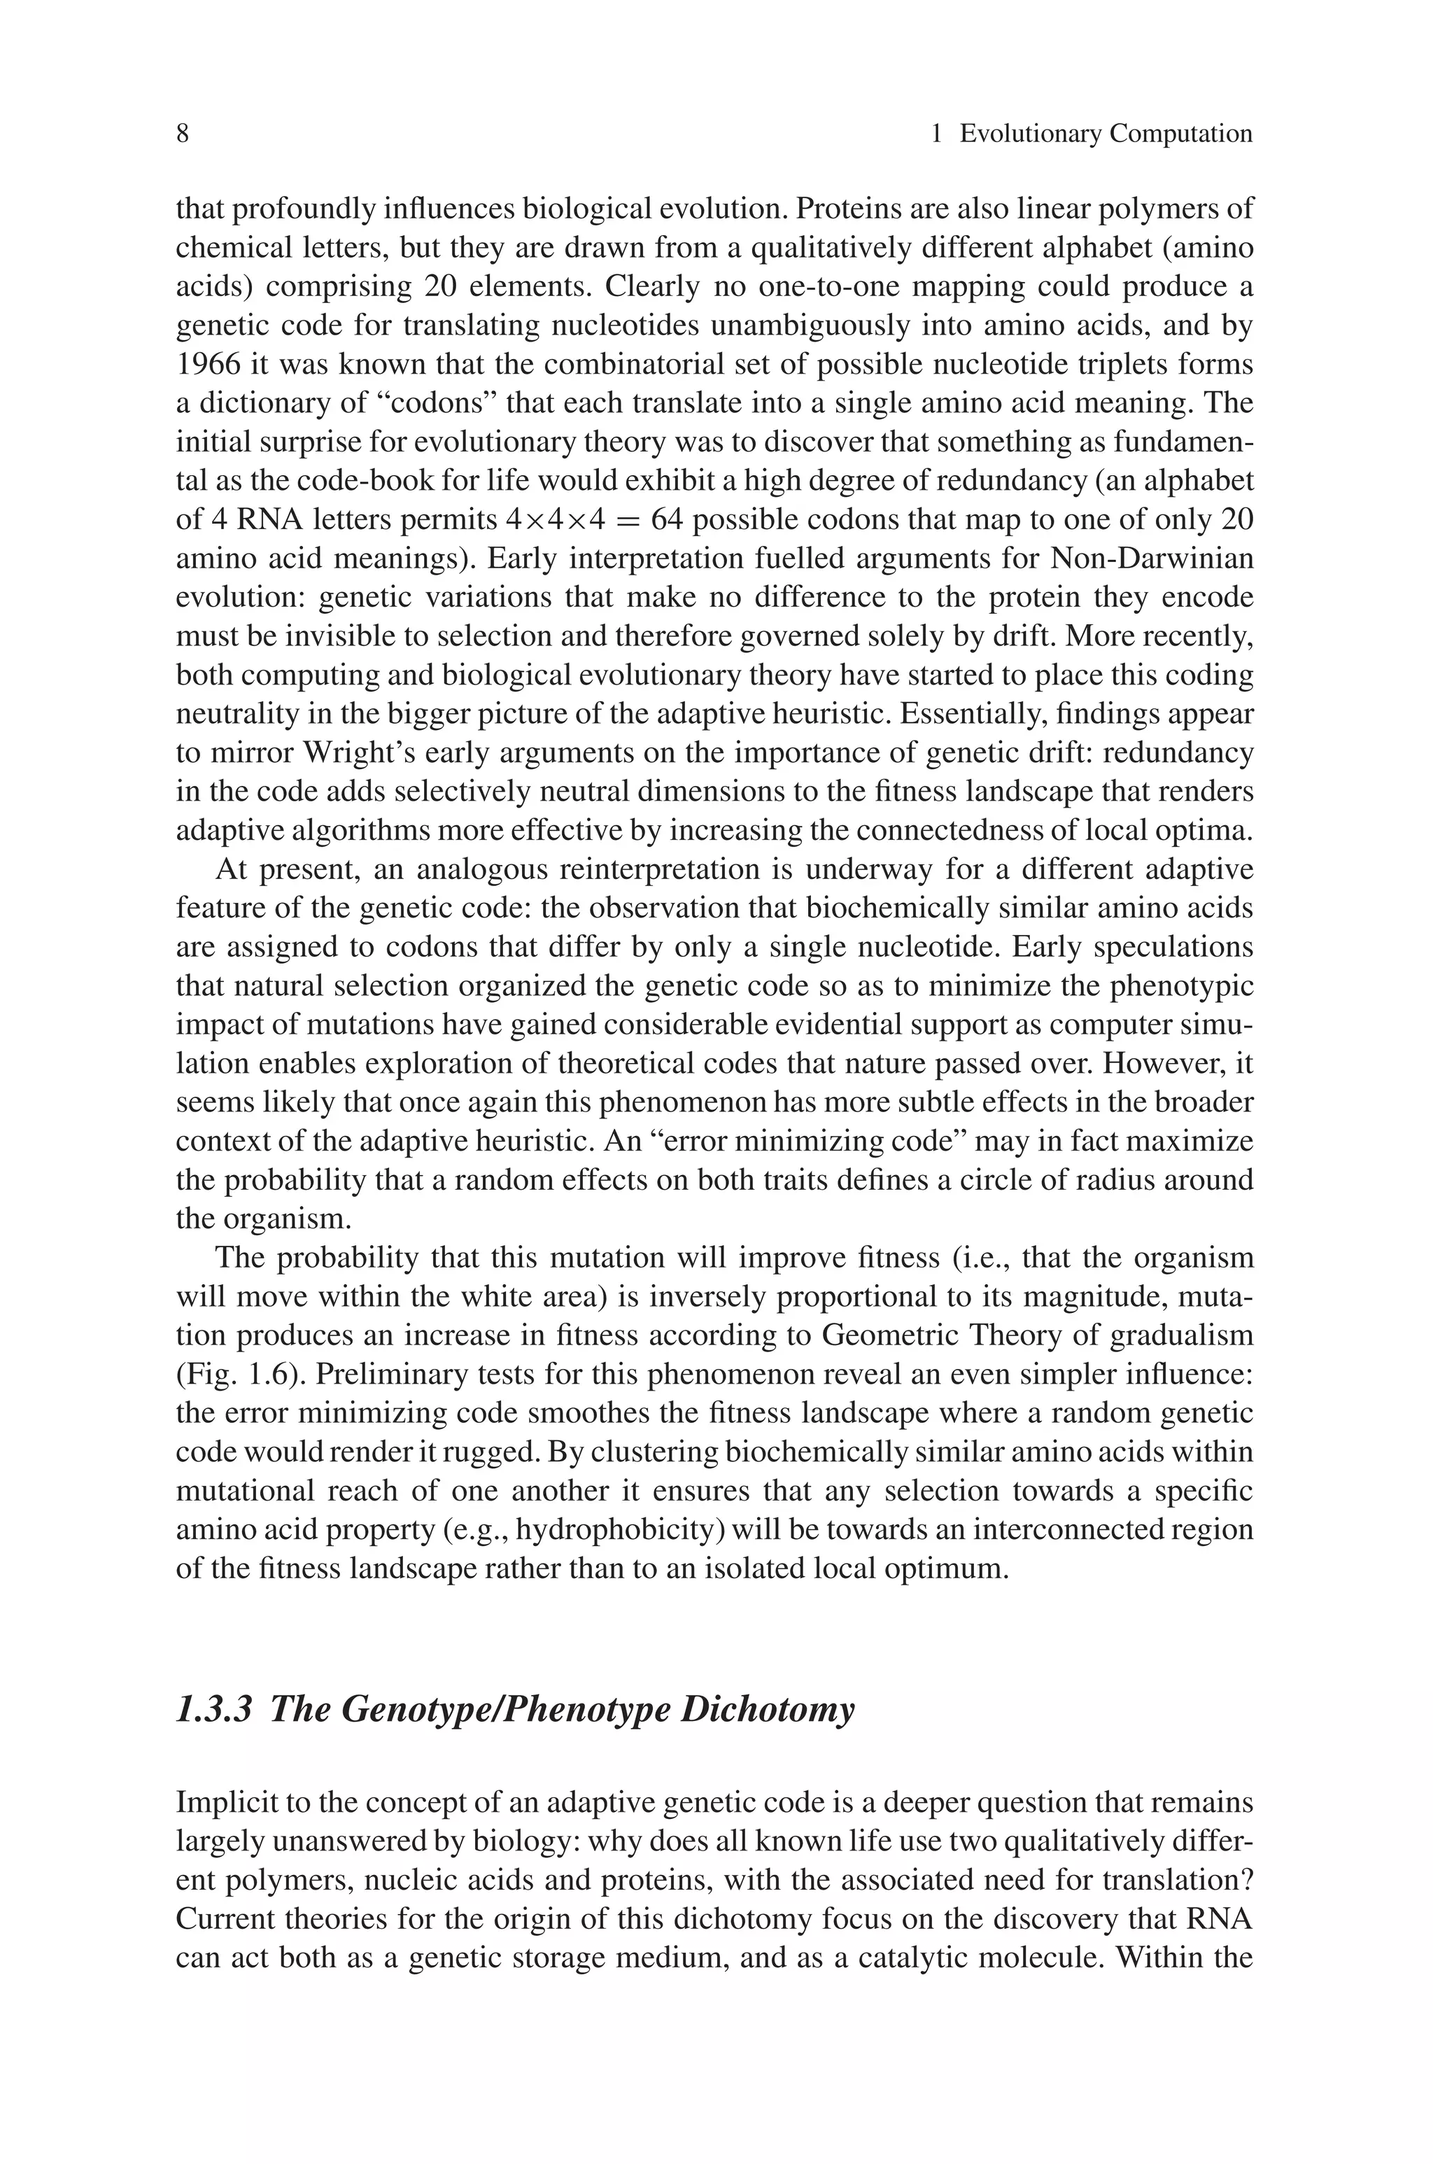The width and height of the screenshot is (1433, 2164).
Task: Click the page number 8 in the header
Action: [183, 134]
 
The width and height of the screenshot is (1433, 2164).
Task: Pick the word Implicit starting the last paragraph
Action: [224, 1803]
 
